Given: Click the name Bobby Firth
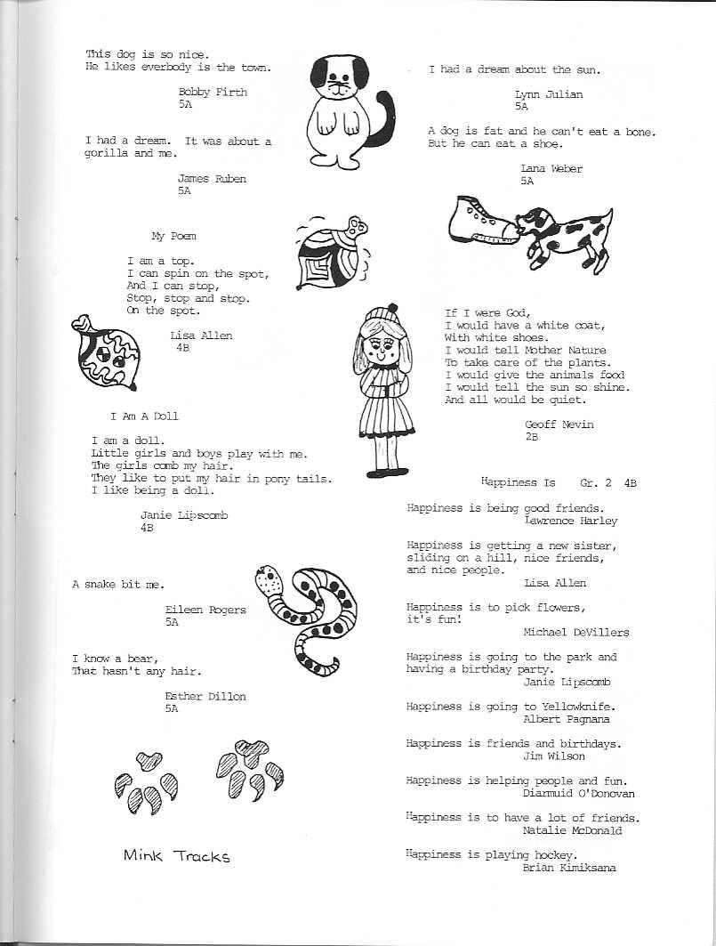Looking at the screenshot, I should [x=213, y=92].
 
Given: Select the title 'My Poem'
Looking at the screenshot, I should [x=173, y=236].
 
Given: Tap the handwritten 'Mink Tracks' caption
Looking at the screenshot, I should [x=176, y=856].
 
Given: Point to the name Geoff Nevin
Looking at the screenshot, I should [x=559, y=424].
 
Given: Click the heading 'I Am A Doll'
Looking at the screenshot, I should [x=144, y=416].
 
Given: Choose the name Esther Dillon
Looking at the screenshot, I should [x=205, y=696].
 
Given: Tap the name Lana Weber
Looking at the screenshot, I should [x=551, y=169].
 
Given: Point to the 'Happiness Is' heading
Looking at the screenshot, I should [x=518, y=482].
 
